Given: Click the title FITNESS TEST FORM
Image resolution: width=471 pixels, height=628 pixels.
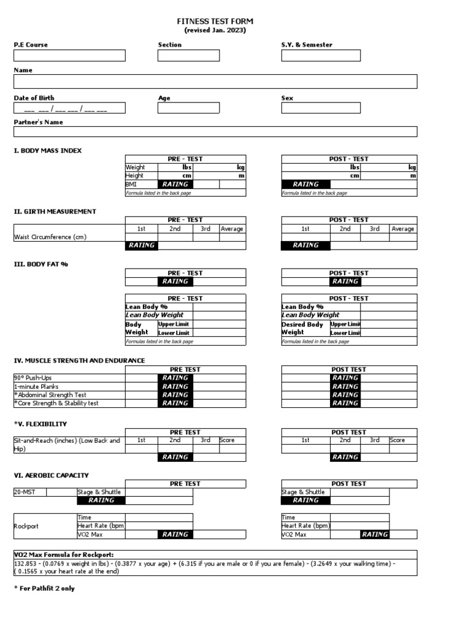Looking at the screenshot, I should coord(215,21).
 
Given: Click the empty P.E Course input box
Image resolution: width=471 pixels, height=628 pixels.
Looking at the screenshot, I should coord(69,56).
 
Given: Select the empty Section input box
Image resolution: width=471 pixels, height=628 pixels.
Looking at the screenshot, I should coord(188,56).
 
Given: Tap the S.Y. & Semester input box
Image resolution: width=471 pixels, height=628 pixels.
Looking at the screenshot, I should coord(321,56).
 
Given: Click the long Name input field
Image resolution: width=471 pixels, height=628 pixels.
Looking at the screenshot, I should coord(215,82).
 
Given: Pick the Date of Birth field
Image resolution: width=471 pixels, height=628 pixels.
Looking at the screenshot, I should coord(69,109).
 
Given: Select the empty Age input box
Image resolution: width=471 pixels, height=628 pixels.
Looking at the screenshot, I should coord(188,109).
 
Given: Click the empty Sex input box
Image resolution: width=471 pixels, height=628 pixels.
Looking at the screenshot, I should coord(321,109).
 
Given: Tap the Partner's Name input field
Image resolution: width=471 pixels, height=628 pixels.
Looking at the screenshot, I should coord(215,132).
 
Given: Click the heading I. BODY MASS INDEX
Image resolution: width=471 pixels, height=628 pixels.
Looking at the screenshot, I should coord(48,150).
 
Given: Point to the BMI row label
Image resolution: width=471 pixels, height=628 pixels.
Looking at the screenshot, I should coord(132,184).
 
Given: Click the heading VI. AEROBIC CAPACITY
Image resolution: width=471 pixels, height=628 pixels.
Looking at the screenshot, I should coord(52,475).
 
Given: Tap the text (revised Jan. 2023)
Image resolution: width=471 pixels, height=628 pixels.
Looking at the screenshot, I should coord(215,30).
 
